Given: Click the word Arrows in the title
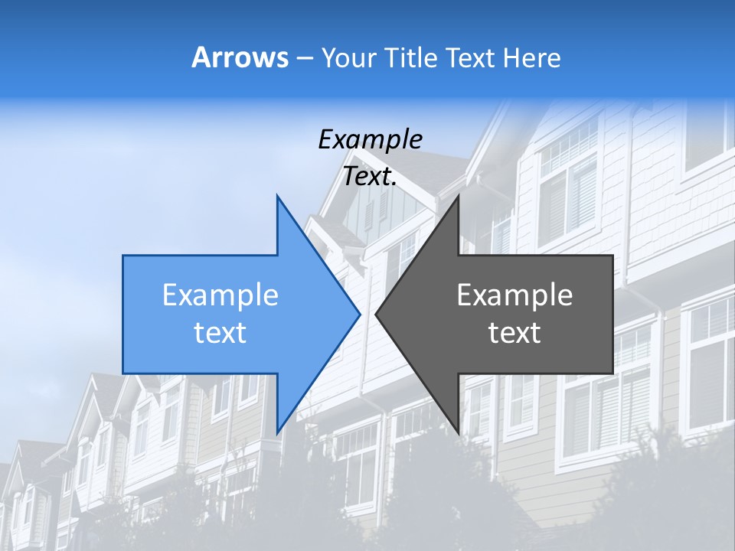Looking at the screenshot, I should tap(240, 57).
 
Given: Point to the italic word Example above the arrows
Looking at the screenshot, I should tap(370, 139).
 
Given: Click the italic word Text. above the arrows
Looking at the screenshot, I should tap(370, 177).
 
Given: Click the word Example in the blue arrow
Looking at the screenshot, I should tap(220, 295).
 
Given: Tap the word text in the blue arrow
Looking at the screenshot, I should tap(220, 332).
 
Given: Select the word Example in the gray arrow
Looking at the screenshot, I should tap(514, 295).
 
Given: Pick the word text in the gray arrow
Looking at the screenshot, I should tap(514, 332).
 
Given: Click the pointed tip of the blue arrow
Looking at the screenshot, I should tap(359, 314).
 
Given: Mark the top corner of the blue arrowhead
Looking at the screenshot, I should tap(277, 196).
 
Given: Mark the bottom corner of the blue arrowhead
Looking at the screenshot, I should tap(277, 432).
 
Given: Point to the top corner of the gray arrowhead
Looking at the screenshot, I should tap(458, 196).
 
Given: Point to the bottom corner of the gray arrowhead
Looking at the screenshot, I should tap(458, 432).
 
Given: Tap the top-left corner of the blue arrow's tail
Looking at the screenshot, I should tap(124, 256).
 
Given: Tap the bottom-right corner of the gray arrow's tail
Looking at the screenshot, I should tap(612, 373).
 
